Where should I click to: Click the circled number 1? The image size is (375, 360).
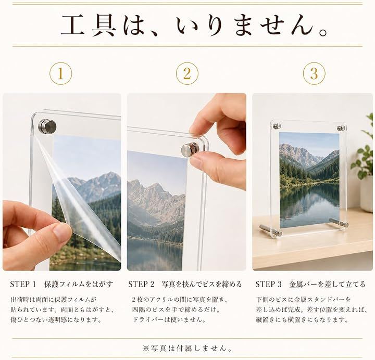tap(60, 73)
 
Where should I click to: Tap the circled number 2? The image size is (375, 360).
tap(187, 73)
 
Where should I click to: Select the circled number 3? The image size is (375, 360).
tap(314, 73)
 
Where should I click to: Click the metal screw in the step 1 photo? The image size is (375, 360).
tap(47, 126)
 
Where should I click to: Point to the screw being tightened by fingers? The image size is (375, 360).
tap(190, 149)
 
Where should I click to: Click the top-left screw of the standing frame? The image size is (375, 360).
tap(277, 126)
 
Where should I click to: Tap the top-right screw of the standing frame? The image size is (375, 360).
tap(341, 128)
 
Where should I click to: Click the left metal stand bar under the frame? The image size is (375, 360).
tap(271, 230)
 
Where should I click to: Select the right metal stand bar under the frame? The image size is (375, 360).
tap(339, 223)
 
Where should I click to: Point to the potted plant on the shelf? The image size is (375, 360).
tap(364, 165)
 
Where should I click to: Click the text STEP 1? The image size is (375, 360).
tap(23, 284)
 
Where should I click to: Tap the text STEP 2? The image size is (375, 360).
tap(141, 284)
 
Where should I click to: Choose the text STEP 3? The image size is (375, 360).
tap(269, 284)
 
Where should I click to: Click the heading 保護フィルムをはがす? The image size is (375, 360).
tap(79, 284)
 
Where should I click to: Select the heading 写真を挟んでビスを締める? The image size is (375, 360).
tap(202, 284)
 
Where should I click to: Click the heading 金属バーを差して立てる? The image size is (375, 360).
tap(327, 284)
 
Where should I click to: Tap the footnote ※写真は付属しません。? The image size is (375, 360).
tap(187, 349)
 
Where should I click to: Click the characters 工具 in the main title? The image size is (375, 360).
tap(89, 25)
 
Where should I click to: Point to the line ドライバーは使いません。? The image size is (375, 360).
tap(169, 319)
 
